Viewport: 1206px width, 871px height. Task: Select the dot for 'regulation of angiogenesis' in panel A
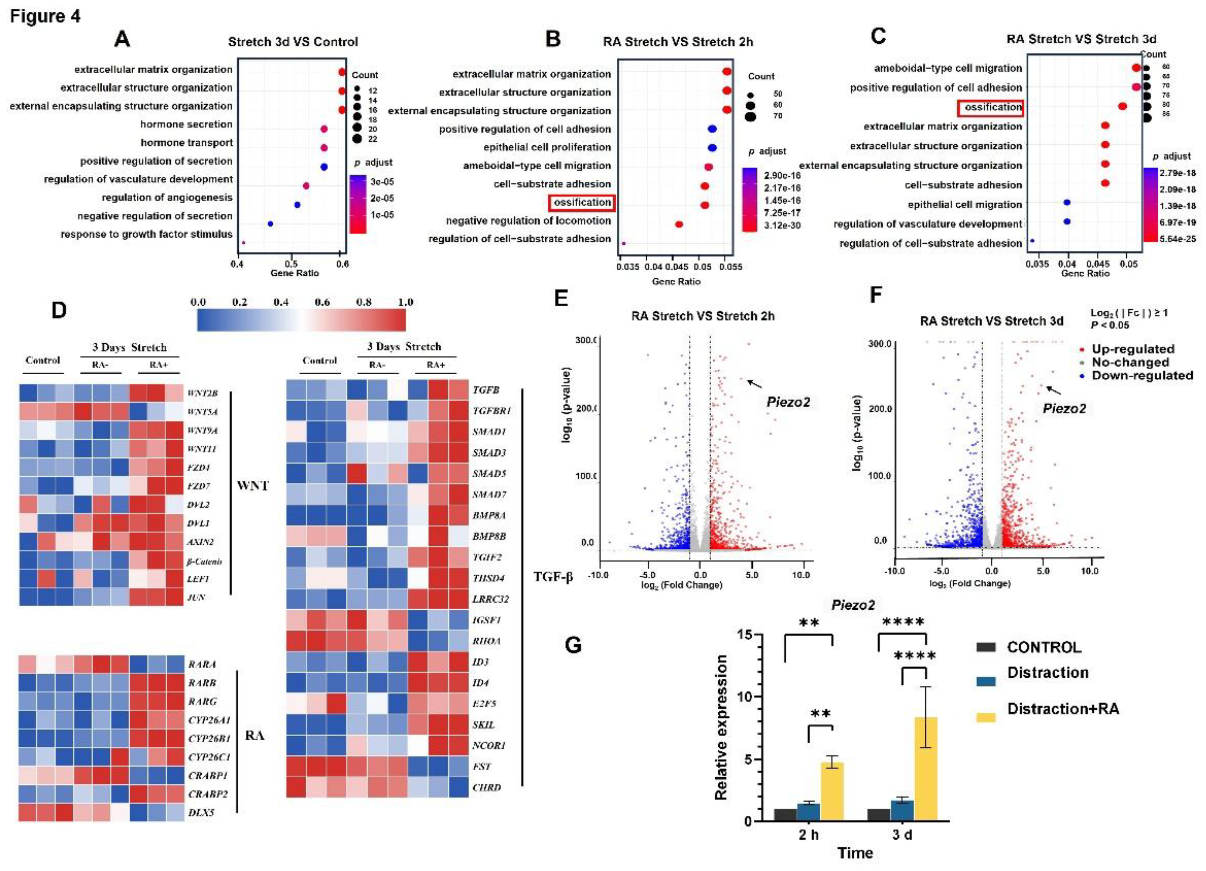(x=297, y=205)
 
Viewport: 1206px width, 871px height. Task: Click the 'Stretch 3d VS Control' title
(x=293, y=42)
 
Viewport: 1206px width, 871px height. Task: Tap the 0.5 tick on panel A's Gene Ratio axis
(x=291, y=264)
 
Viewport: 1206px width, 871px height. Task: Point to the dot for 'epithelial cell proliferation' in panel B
(x=712, y=148)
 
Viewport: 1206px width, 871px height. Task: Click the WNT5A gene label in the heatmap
(x=202, y=412)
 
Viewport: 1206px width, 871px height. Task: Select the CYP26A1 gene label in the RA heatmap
(x=209, y=720)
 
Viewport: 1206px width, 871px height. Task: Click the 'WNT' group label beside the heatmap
(x=253, y=485)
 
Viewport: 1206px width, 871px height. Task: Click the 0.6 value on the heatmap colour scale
(x=322, y=302)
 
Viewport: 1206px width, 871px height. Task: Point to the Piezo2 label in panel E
(x=788, y=402)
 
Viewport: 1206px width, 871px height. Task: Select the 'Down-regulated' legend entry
(x=1142, y=375)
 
